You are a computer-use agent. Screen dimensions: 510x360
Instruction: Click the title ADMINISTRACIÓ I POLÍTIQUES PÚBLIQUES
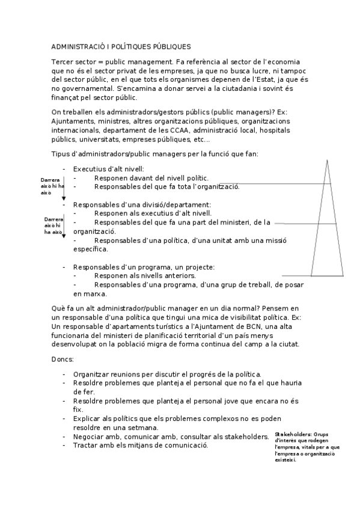121,46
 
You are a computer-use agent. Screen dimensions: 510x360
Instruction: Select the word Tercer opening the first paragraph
63,62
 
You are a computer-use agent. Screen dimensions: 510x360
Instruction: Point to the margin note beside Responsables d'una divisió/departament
53,226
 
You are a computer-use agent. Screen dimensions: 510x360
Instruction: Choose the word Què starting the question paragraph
59,309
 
